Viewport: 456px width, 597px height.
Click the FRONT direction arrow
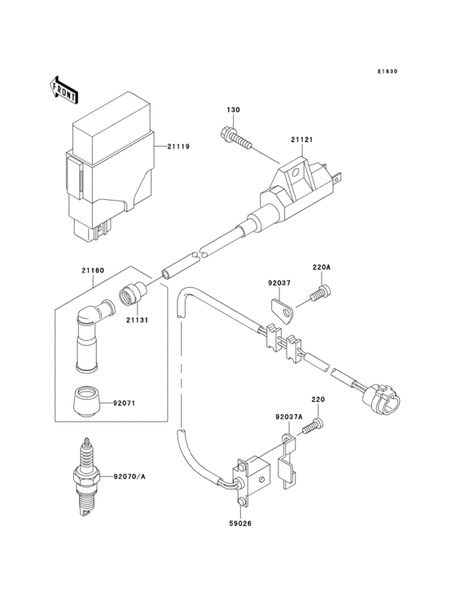coord(64,86)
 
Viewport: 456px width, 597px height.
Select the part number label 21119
coord(178,147)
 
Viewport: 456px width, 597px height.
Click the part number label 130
coord(232,109)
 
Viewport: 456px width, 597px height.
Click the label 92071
coord(125,402)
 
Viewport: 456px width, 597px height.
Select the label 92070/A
coord(129,477)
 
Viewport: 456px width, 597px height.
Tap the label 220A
coord(322,267)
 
